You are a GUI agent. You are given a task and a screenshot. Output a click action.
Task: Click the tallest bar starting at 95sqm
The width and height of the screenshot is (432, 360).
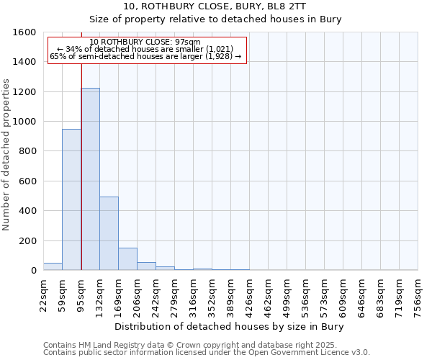pyautogui.click(x=90, y=179)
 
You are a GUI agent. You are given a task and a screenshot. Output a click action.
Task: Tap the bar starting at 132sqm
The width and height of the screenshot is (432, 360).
pyautogui.click(x=109, y=233)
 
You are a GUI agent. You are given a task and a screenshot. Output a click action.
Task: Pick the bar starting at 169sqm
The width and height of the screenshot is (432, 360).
pyautogui.click(x=127, y=259)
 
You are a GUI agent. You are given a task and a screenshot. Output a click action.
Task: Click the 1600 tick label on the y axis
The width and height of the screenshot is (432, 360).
pyautogui.click(x=24, y=32)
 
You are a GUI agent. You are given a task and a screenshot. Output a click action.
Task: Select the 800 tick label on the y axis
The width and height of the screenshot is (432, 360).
pyautogui.click(x=27, y=151)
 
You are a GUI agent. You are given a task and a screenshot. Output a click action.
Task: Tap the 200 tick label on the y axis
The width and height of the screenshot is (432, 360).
pyautogui.click(x=27, y=240)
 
